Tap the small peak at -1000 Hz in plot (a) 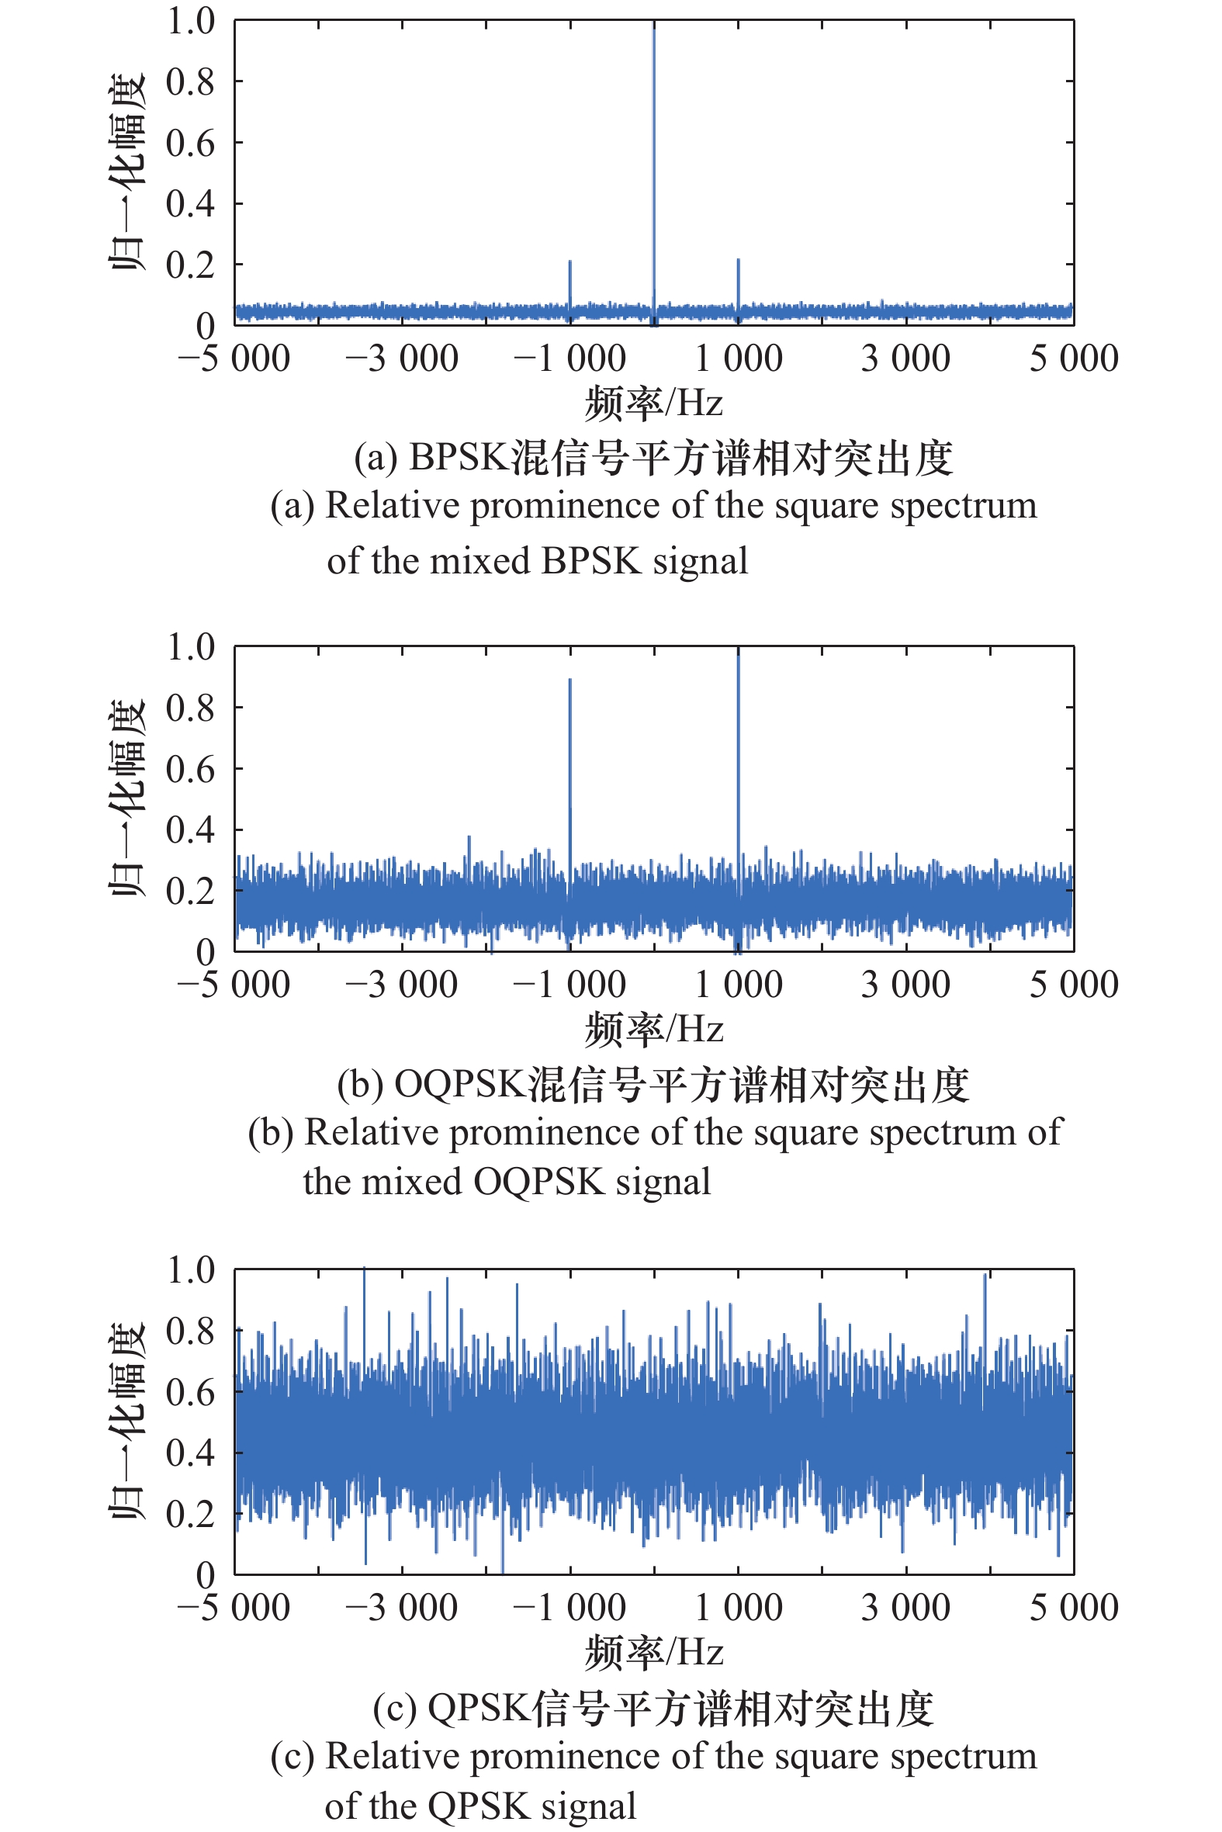pyautogui.click(x=569, y=265)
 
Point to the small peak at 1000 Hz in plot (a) pyautogui.click(x=738, y=263)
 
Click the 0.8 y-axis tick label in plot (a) pyautogui.click(x=190, y=81)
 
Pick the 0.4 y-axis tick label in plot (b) pyautogui.click(x=190, y=831)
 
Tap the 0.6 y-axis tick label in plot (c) pyautogui.click(x=190, y=1393)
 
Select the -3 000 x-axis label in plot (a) pyautogui.click(x=401, y=359)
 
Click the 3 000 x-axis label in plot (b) pyautogui.click(x=905, y=985)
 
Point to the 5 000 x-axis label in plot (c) pyautogui.click(x=1074, y=1608)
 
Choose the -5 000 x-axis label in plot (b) pyautogui.click(x=234, y=985)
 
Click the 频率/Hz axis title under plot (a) pyautogui.click(x=654, y=403)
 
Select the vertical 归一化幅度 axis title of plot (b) pyautogui.click(x=126, y=798)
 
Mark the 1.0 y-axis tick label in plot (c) pyautogui.click(x=190, y=1271)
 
